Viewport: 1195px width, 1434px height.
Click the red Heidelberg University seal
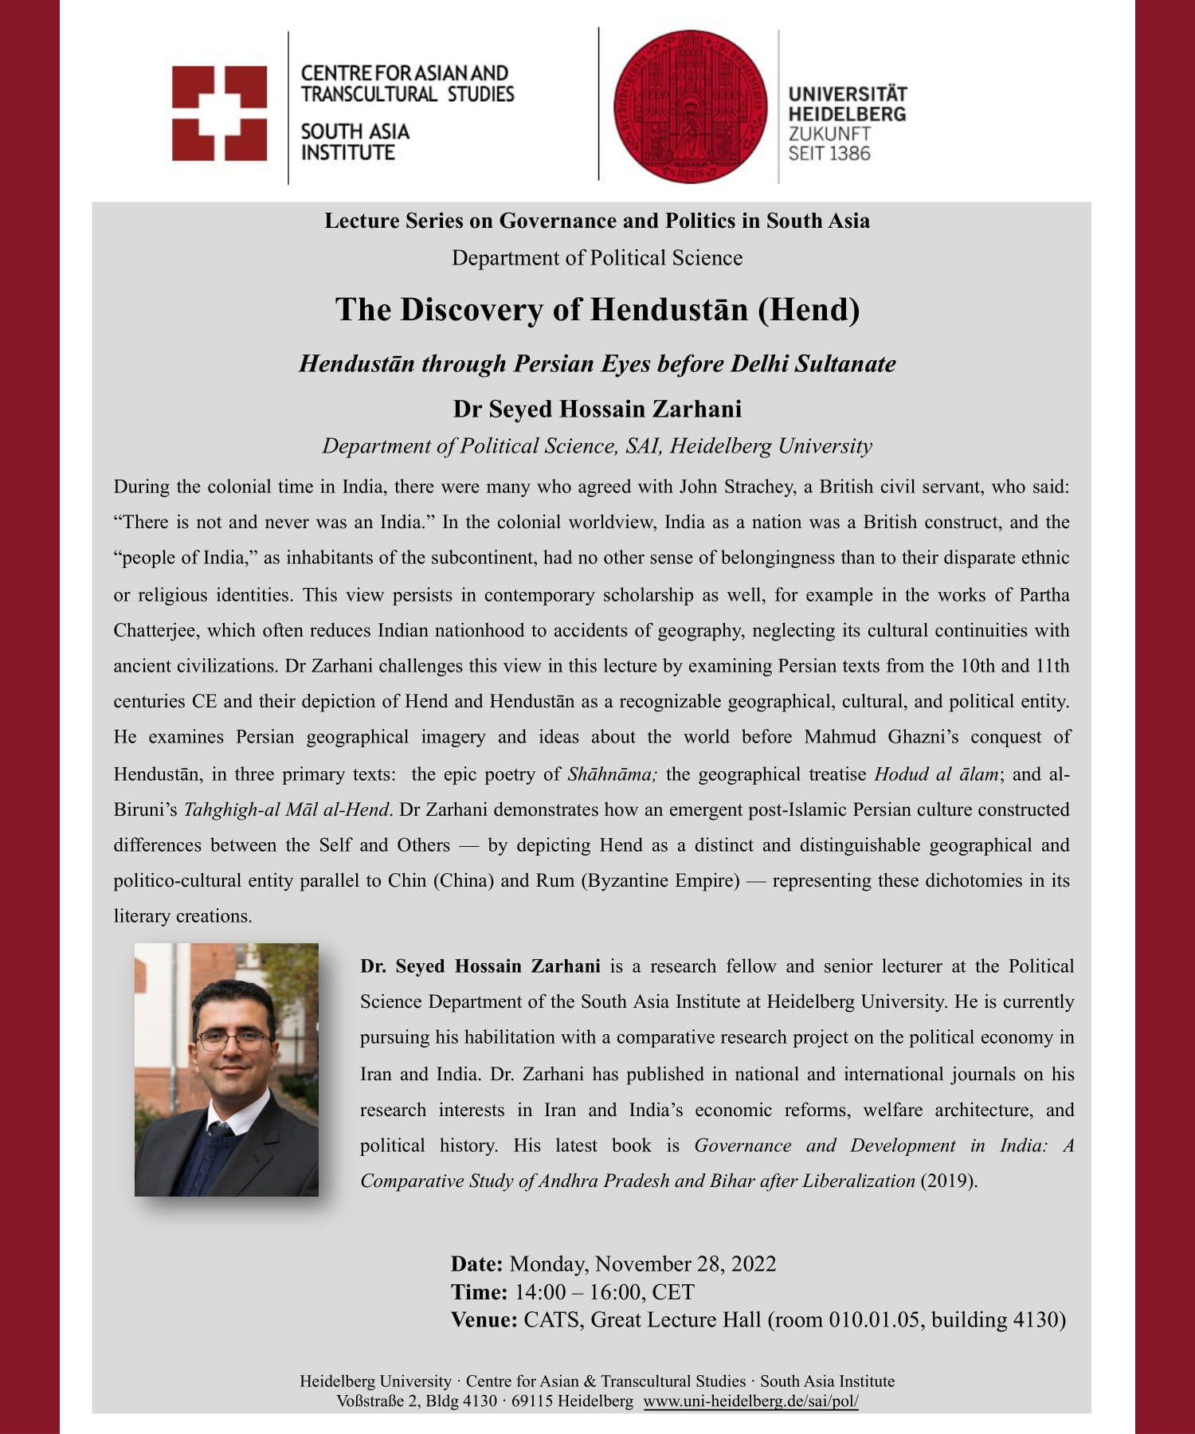click(x=690, y=106)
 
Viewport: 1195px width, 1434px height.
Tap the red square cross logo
click(x=219, y=113)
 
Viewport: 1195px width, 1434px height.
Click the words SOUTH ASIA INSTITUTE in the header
click(x=355, y=142)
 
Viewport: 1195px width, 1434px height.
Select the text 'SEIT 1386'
click(x=829, y=154)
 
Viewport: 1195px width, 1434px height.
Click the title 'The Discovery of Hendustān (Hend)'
click(x=597, y=310)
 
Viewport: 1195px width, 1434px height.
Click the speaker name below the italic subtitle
click(x=597, y=409)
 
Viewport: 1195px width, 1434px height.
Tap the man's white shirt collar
click(x=231, y=1119)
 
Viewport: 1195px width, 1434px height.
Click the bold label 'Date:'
click(x=476, y=1264)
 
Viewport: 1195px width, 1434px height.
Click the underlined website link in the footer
click(x=750, y=1401)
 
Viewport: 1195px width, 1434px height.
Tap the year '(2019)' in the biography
click(x=948, y=1181)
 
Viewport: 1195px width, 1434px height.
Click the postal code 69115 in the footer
click(x=531, y=1401)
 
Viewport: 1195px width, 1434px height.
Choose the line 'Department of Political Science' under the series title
click(x=597, y=258)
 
